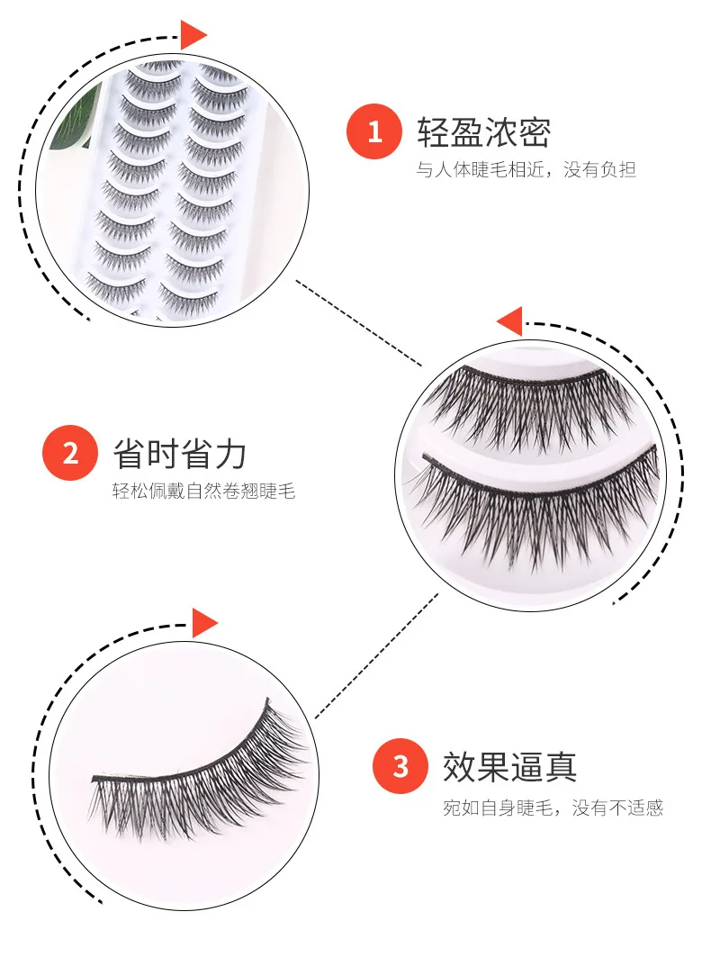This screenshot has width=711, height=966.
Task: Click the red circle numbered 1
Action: click(x=374, y=133)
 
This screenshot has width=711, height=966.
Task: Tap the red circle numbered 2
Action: click(x=70, y=453)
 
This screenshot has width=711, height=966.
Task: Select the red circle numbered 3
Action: click(x=400, y=767)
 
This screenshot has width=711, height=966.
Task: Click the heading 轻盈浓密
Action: click(x=483, y=132)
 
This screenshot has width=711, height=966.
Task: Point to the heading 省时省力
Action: click(x=179, y=454)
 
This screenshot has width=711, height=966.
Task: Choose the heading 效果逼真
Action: click(x=509, y=767)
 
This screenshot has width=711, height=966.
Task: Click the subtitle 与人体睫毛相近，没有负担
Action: click(x=526, y=170)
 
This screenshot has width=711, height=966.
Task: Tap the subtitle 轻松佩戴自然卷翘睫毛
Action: click(x=203, y=492)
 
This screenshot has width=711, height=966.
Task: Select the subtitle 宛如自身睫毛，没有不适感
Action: click(x=552, y=808)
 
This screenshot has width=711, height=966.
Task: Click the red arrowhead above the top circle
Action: click(x=192, y=35)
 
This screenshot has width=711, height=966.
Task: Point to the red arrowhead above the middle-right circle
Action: click(x=510, y=321)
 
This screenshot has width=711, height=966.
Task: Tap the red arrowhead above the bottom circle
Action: click(x=204, y=622)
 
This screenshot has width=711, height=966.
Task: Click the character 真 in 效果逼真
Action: click(x=561, y=767)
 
